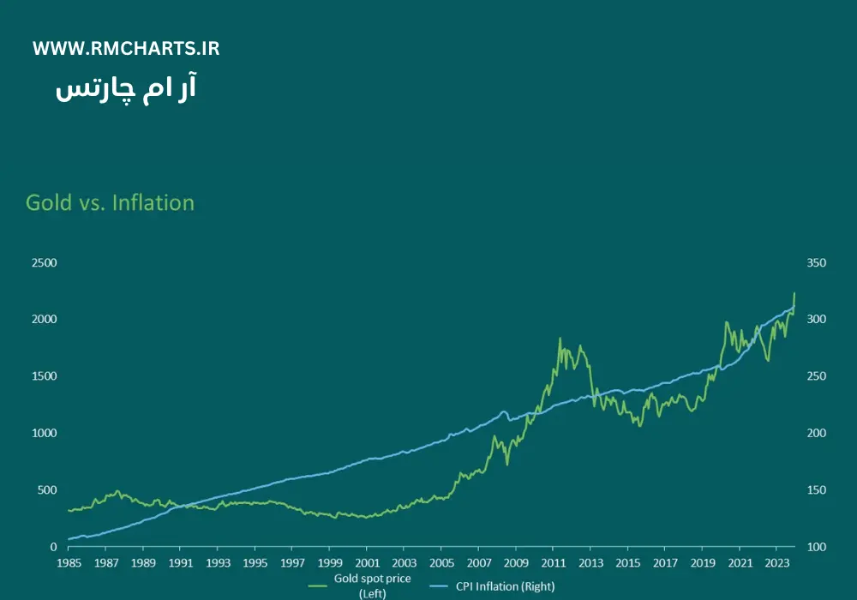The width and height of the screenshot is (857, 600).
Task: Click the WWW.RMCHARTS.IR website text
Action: [126, 49]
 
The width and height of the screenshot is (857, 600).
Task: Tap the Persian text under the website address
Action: [126, 89]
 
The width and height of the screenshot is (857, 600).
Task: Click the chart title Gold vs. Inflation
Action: [110, 203]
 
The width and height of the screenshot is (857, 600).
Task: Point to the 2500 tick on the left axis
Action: [45, 262]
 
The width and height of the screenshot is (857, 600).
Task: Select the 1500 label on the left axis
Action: [45, 376]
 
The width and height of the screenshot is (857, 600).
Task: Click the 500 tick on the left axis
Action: [47, 490]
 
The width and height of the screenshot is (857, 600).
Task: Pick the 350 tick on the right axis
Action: [816, 262]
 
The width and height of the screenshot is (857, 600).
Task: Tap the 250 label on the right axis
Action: [816, 376]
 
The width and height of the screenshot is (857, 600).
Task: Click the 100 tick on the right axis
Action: [816, 547]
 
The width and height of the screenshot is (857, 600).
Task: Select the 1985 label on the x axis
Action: [69, 563]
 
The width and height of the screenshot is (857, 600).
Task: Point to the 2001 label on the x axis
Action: [366, 563]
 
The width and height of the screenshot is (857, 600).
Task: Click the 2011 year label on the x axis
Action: [553, 563]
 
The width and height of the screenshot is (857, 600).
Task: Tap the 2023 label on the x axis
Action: [776, 563]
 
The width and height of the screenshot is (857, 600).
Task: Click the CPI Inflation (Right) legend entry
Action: [504, 586]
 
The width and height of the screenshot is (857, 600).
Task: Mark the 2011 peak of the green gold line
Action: [560, 339]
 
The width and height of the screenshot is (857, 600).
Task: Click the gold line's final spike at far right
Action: [794, 294]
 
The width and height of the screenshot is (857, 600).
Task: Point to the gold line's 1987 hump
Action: [117, 491]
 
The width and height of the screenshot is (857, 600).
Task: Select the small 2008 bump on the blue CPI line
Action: [504, 412]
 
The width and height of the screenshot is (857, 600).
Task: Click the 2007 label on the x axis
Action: [478, 563]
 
